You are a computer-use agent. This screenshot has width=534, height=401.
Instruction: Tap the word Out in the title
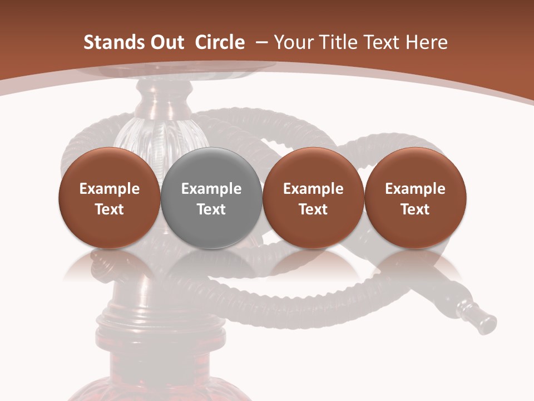coord(165,43)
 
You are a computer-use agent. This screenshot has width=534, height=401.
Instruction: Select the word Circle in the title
coord(220,43)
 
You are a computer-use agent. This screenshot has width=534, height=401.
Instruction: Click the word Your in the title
coord(292,43)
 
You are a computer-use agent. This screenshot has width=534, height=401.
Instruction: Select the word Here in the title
coord(427,43)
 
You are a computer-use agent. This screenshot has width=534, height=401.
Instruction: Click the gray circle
coord(211,234)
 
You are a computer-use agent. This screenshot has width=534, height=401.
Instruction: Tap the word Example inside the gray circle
coord(211,189)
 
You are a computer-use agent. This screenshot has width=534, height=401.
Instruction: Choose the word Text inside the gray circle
coord(211,209)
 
